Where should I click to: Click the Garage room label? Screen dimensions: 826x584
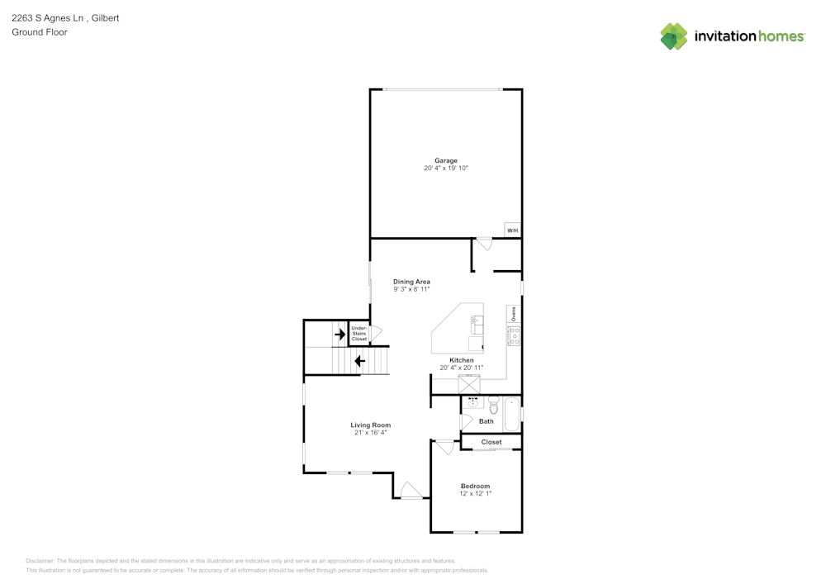[x=446, y=160]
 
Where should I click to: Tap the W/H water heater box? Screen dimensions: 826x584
[x=513, y=230]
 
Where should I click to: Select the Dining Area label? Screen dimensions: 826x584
[x=411, y=282]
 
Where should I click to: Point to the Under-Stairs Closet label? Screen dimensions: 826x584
[x=359, y=334]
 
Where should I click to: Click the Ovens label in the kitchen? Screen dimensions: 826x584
[x=514, y=314]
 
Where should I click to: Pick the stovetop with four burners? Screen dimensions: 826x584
[x=514, y=336]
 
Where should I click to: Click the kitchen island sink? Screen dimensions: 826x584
[x=477, y=325]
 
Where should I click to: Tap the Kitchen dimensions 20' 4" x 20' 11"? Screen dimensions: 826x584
[x=462, y=368]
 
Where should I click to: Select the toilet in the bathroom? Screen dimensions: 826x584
[x=494, y=405]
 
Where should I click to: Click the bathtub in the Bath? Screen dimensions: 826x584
[x=512, y=415]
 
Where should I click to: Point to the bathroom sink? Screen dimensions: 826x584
[x=472, y=403]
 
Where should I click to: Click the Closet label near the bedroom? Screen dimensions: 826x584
[x=491, y=443]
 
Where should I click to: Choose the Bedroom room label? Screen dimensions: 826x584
[x=475, y=486]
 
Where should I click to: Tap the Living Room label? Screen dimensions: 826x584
[x=371, y=425]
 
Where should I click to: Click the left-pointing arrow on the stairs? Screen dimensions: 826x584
[x=360, y=361]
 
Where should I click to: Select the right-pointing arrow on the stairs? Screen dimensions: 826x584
[x=340, y=334]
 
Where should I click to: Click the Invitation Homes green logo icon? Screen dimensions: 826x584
[x=674, y=36]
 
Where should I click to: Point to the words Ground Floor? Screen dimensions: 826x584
[x=40, y=32]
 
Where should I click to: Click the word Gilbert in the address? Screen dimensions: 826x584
[x=106, y=18]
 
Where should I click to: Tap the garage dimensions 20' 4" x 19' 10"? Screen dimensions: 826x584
[x=446, y=168]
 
